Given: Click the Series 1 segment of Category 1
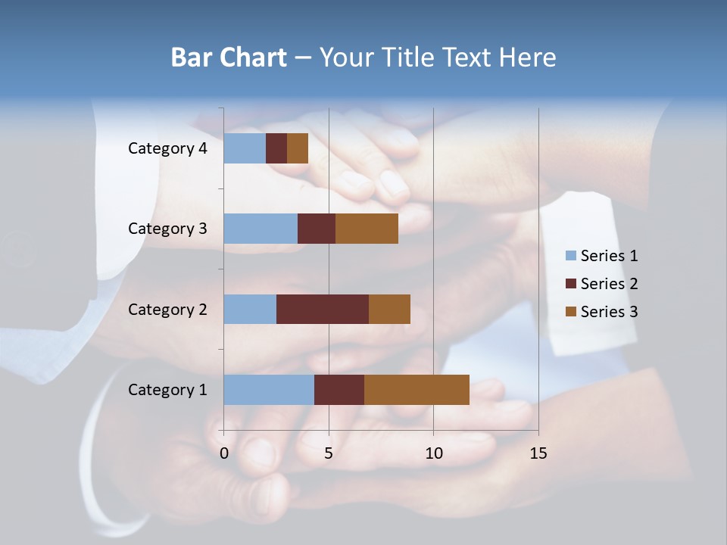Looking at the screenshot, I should click(269, 389).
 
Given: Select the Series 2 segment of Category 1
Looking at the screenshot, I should click(339, 389).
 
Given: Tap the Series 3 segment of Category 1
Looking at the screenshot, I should click(417, 389).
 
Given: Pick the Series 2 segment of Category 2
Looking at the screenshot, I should click(323, 309).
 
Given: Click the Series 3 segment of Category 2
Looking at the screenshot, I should click(389, 309).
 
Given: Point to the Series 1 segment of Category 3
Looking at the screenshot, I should click(261, 229).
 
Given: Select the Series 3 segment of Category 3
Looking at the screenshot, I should click(367, 229).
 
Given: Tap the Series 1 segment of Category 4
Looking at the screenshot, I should click(245, 148).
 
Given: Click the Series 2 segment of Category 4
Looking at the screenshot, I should click(276, 148).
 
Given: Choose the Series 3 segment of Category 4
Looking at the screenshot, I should click(298, 148).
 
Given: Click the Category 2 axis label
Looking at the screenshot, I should click(167, 309).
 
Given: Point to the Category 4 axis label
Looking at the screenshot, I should click(167, 148).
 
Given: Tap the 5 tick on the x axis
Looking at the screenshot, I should click(329, 453).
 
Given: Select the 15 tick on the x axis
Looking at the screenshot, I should click(538, 453).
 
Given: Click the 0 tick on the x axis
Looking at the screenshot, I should click(224, 453).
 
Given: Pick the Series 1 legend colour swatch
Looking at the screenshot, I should click(571, 256).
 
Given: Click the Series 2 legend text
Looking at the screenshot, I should click(609, 284).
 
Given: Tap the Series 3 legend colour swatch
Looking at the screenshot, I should click(571, 312).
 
